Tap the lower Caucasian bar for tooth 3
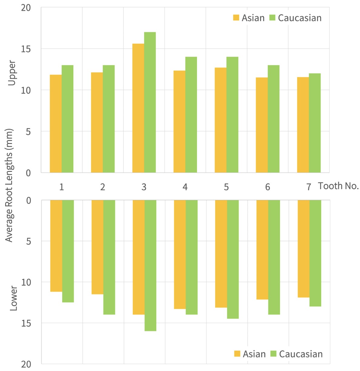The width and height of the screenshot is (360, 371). (150, 266)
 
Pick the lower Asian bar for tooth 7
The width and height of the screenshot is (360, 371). (303, 249)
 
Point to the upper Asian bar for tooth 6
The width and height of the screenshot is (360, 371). (262, 125)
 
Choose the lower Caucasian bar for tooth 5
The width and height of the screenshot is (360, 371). (233, 259)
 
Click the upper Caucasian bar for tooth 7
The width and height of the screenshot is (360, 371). (315, 123)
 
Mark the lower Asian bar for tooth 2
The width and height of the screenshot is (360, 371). (97, 247)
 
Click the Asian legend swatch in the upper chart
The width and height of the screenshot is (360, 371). (236, 18)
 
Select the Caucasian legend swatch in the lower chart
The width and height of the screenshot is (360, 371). (273, 353)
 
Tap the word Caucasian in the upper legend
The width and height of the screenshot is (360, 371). (300, 18)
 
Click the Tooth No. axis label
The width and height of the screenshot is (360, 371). (338, 186)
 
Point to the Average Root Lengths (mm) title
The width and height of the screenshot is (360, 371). (9, 185)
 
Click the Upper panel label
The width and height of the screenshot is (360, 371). (12, 73)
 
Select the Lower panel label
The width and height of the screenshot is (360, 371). (13, 298)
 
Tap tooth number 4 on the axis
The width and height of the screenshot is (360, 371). (185, 187)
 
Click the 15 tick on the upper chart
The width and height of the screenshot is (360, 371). (26, 49)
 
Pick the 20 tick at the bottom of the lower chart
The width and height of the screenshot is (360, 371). (26, 364)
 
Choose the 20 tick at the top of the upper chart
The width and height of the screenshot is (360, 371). (26, 8)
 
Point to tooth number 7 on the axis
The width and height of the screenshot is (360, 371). (308, 187)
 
